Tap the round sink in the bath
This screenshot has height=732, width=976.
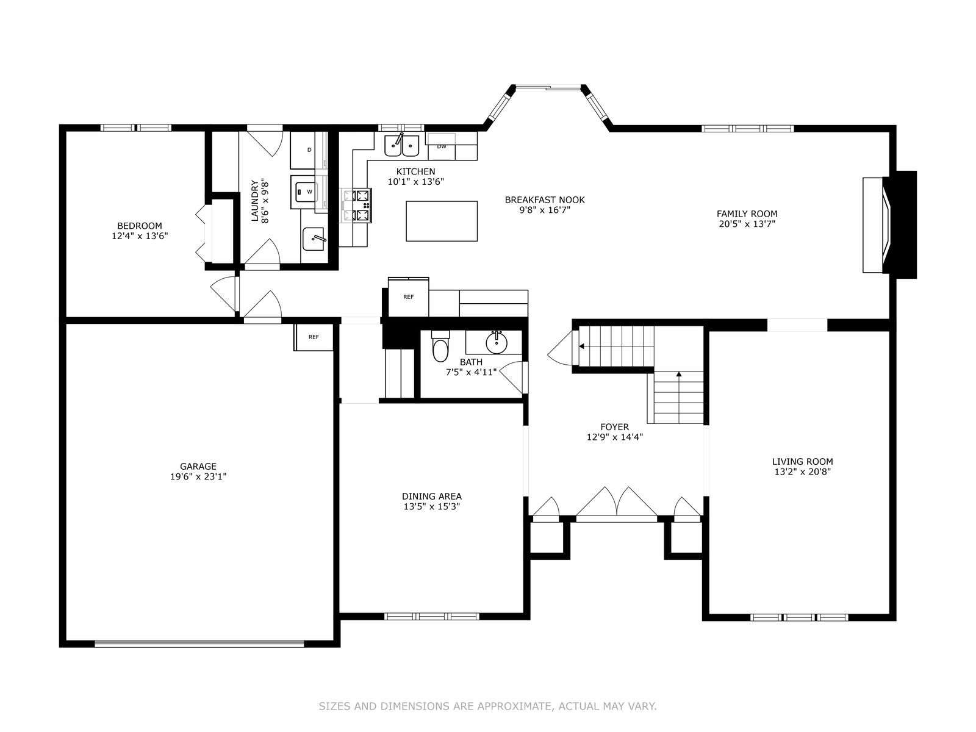(x=496, y=343)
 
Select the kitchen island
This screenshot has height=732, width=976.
(x=442, y=221)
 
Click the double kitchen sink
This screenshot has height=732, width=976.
(x=401, y=145)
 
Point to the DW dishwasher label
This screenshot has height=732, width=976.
(x=442, y=146)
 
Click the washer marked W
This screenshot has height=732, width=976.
(x=304, y=192)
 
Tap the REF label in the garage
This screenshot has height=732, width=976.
(x=314, y=337)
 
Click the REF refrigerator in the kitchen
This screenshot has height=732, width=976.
(x=409, y=296)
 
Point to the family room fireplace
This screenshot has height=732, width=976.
(x=889, y=225)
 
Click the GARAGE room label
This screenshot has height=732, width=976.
(x=198, y=466)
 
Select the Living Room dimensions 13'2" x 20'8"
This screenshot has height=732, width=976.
(x=803, y=472)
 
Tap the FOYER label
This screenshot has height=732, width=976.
(x=615, y=427)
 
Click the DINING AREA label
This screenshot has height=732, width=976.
(x=432, y=496)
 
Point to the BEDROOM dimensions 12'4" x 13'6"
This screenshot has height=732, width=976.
(x=140, y=235)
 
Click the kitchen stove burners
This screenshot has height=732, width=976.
(x=356, y=206)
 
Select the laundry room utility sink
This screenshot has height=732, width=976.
(x=314, y=239)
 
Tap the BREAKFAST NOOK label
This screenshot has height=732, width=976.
(x=545, y=200)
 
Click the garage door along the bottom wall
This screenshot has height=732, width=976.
(x=199, y=643)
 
